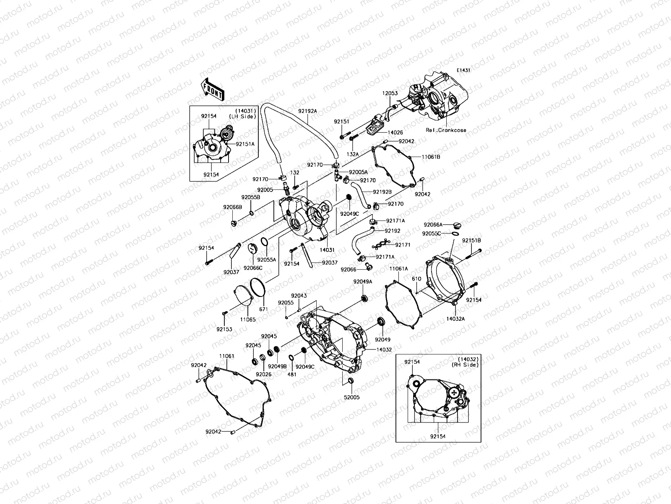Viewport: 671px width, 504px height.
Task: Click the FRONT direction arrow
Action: coord(213,90)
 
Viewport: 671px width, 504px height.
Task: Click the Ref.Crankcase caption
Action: coord(445,130)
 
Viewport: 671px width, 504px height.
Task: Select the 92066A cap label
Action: coord(433,225)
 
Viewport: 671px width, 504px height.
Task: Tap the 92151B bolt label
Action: coord(471,241)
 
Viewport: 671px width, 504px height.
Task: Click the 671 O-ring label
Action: coord(263,309)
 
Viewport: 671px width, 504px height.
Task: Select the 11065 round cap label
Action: coord(247,320)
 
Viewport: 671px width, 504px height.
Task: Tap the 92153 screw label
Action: coord(224,330)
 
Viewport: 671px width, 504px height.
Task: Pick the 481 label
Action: coord(291,374)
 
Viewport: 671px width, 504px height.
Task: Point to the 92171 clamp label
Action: coord(403,244)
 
